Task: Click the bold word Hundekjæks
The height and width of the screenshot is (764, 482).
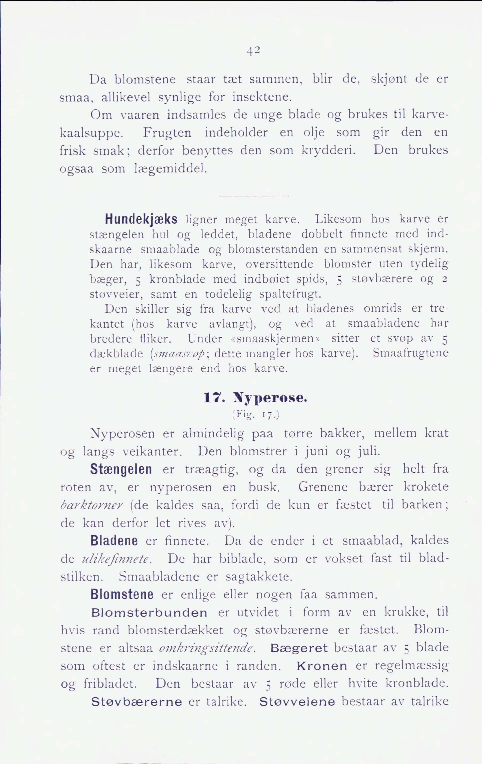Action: coord(141,219)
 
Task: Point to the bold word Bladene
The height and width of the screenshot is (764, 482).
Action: coord(114,540)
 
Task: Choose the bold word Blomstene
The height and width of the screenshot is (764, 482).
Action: coord(122,594)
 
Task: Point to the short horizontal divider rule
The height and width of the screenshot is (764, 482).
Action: coord(254,196)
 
